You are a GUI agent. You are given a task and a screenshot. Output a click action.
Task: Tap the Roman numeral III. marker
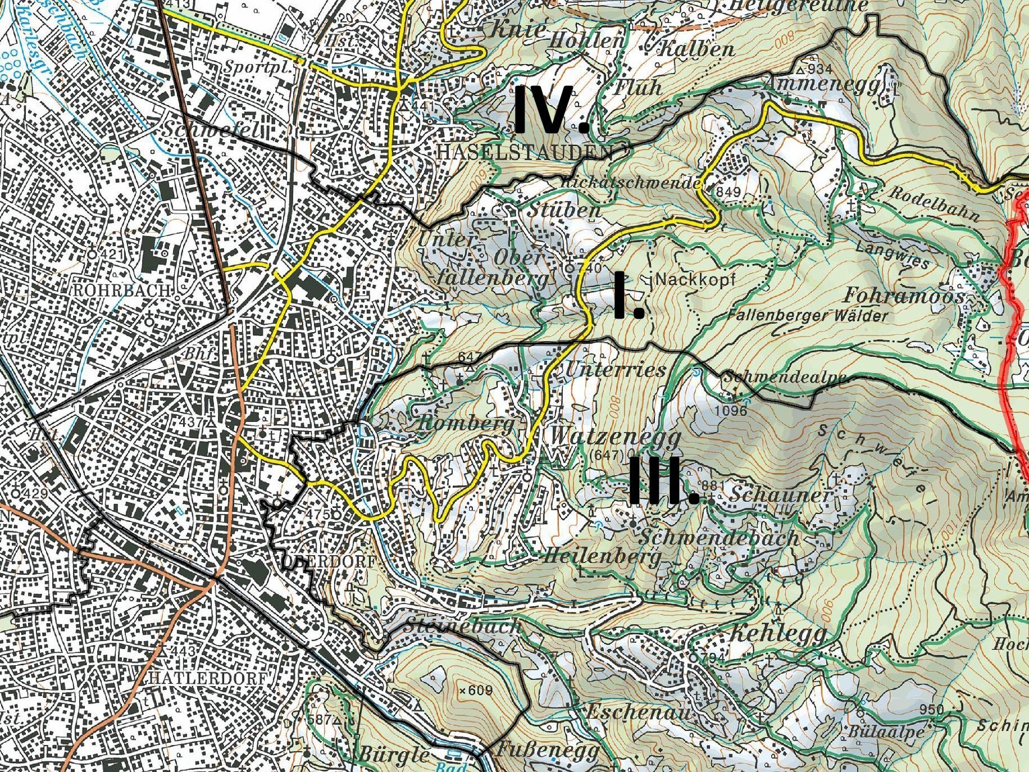pyautogui.click(x=663, y=481)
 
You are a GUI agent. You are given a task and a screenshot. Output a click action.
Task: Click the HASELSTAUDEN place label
pyautogui.click(x=525, y=152)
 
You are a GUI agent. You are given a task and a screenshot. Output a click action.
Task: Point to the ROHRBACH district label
pyautogui.click(x=121, y=290)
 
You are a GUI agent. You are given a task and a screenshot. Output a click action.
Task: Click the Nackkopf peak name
pyautogui.click(x=695, y=279)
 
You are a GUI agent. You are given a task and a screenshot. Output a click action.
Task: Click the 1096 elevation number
pyautogui.click(x=731, y=411)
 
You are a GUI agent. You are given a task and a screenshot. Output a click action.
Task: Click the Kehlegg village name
pyautogui.click(x=777, y=634)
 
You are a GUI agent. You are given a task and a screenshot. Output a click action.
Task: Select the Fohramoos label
pyautogui.click(x=904, y=296)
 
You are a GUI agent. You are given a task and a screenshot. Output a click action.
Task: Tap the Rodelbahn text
pyautogui.click(x=934, y=203)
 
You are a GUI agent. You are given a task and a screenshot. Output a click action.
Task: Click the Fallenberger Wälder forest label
pyautogui.click(x=807, y=315)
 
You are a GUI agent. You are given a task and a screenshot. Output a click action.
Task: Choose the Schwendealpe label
pyautogui.click(x=784, y=376)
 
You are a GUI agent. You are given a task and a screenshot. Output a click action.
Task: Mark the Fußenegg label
pyautogui.click(x=547, y=750)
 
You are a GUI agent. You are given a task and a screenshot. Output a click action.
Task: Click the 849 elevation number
pyautogui.click(x=729, y=192)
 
